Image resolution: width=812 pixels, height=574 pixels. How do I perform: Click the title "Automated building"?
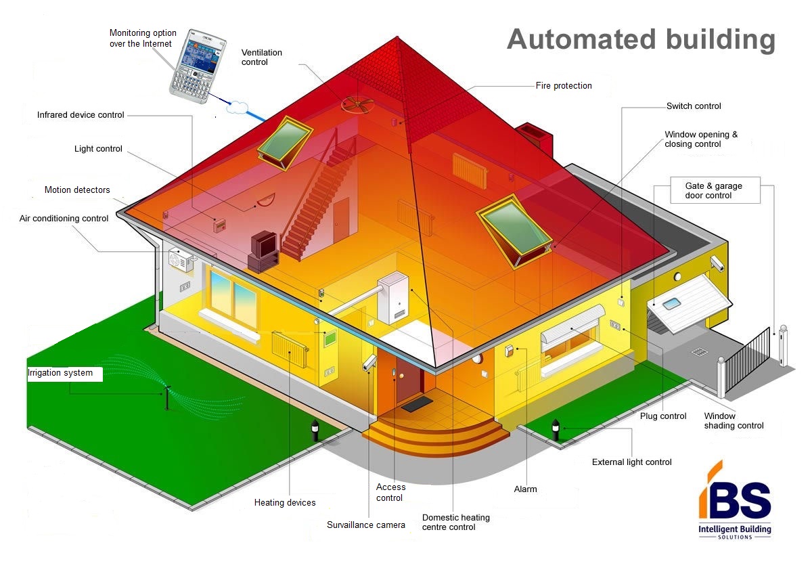pos(641,40)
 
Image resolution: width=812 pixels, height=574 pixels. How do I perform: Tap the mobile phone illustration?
pos(198,66)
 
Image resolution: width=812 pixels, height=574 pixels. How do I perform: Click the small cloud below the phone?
pos(238,108)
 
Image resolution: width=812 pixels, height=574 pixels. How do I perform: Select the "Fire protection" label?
pos(564,85)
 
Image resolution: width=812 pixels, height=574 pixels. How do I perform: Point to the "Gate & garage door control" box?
pos(715,190)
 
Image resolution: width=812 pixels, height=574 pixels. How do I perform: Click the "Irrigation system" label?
pos(60,373)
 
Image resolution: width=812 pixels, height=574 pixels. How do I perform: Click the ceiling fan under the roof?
pos(357,104)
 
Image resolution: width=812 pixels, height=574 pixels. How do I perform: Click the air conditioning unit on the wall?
pos(181,260)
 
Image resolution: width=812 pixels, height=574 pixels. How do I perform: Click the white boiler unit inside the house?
pos(393,297)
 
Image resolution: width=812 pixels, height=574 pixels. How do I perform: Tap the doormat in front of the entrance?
pos(417,404)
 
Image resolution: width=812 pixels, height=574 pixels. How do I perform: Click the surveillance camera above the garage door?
pos(717,263)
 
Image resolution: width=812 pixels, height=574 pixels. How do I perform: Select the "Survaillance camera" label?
pos(366,525)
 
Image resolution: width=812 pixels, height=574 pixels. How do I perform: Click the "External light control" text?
pos(632,462)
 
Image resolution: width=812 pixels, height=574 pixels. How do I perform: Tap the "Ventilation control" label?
pos(262,58)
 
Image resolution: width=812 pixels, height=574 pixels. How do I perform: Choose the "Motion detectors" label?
pos(77,190)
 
